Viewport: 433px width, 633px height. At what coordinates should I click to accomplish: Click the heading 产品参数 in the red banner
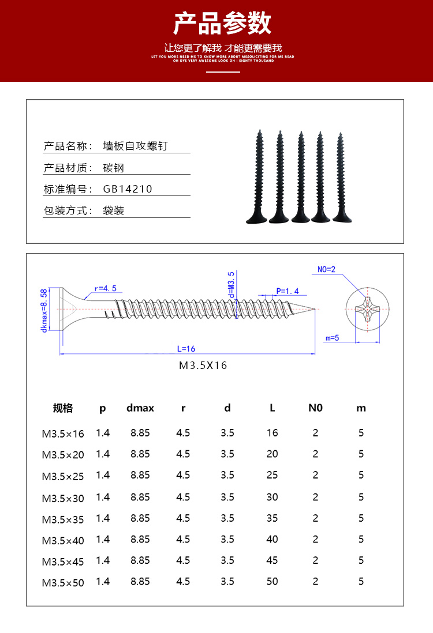tap(223, 24)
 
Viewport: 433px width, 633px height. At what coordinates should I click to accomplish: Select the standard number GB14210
tap(128, 189)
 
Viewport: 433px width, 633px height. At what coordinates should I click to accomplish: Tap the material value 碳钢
tap(114, 168)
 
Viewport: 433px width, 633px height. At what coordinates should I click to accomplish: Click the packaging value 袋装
tap(114, 210)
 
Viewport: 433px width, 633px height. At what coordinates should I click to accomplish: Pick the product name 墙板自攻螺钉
tap(135, 146)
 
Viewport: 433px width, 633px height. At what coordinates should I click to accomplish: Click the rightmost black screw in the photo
tap(342, 179)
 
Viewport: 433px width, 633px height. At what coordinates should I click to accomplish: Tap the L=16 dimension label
tap(186, 348)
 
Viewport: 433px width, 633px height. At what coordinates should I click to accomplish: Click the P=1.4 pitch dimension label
tap(286, 292)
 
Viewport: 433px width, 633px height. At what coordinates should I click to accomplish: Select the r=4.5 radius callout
tap(105, 288)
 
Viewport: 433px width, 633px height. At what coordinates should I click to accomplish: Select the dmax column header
tap(140, 408)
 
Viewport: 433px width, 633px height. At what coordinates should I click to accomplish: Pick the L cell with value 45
tap(273, 560)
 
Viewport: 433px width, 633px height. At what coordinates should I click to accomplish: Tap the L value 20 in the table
tap(273, 454)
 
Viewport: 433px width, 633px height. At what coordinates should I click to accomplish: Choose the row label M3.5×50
tap(63, 583)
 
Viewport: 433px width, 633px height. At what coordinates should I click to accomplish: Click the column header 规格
tap(63, 408)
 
